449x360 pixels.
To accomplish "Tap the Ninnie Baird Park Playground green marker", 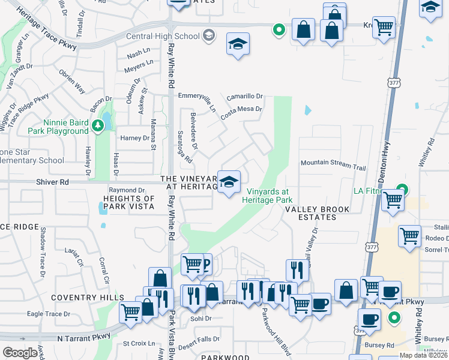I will (98, 126).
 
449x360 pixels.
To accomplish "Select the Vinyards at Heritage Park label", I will (269, 196).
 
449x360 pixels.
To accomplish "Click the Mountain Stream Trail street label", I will (333, 163).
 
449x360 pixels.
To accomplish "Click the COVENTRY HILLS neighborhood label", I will (88, 298).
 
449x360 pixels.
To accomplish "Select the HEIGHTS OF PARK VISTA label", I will (128, 202).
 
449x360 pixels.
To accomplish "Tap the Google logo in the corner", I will (20, 353).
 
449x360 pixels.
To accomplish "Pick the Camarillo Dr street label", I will (245, 96).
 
